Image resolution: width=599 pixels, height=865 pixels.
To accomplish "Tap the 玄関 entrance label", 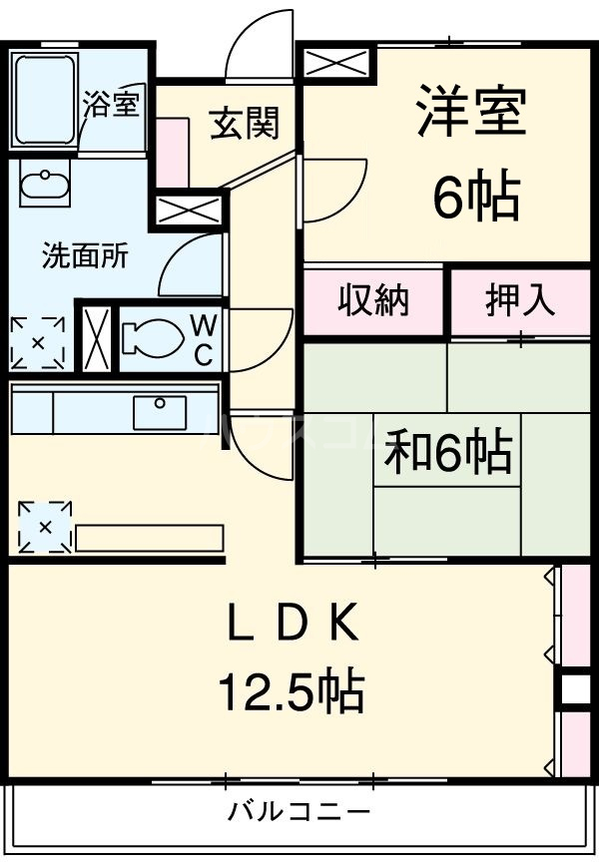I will pos(244,123).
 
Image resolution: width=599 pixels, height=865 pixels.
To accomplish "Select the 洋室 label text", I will pos(470,112).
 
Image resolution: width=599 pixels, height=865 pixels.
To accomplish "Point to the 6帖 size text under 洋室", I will pos(476,197).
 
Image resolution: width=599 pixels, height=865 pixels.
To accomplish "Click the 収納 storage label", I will pos(373,300).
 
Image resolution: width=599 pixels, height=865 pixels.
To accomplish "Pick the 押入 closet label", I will pos(520,300).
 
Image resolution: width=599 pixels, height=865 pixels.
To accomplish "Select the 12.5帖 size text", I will pos(291,689).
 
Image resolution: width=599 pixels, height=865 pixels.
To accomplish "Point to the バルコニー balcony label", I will pos(299,810).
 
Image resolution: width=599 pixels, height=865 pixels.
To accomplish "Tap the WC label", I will pos(204,339).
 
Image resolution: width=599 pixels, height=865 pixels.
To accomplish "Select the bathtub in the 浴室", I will pos(46,99).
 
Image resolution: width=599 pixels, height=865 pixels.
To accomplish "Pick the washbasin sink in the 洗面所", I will pos(44,187).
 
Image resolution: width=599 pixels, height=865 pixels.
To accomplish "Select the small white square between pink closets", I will pos(575,689).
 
